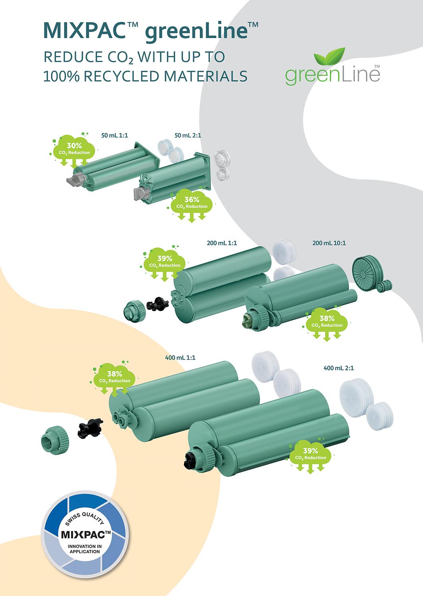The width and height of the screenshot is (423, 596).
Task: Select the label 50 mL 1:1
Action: (x=115, y=135)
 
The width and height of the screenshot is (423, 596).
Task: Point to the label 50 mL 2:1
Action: (x=188, y=135)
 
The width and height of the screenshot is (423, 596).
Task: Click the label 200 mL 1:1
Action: (x=222, y=243)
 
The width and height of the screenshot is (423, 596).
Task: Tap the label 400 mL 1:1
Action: (x=180, y=358)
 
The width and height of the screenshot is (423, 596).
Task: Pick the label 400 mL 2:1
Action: (x=339, y=368)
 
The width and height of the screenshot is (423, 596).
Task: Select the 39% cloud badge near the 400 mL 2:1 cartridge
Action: (x=310, y=454)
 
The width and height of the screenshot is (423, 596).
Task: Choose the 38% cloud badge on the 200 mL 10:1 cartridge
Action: (x=327, y=321)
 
